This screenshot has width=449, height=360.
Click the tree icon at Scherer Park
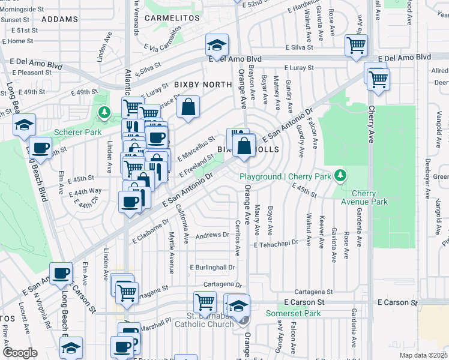click(104, 112)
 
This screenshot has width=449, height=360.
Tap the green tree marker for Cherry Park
click(341, 175)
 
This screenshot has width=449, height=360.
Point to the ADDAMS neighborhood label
click(61, 19)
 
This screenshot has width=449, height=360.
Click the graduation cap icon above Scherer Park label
click(25, 124)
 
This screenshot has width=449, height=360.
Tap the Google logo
click(20, 352)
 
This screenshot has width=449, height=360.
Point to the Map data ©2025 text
click(423, 355)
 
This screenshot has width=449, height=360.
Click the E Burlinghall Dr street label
click(211, 267)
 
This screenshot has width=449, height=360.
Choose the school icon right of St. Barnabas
click(238, 305)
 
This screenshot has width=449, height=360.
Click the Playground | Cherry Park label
click(285, 176)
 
